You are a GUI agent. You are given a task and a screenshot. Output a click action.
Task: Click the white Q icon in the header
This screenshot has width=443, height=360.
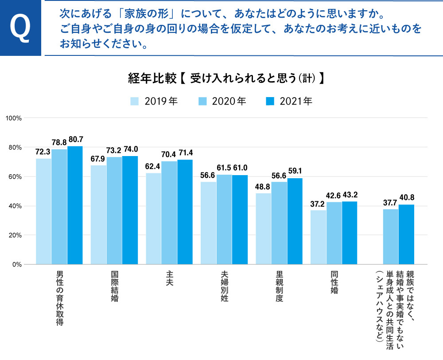tap(20, 27)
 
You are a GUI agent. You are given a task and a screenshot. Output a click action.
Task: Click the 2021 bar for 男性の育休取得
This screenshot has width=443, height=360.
tap(75, 205)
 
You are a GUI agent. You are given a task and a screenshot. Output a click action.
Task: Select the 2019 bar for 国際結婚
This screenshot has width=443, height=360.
tap(98, 215)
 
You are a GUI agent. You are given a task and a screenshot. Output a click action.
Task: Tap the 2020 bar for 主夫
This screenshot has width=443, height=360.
tap(169, 213)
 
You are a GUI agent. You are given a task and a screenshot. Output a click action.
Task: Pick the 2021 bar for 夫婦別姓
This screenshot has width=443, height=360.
tap(240, 220)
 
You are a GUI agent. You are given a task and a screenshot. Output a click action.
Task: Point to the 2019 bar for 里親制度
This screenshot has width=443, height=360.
tap(263, 229)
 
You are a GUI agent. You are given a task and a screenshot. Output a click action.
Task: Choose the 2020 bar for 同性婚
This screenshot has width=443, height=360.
tap(334, 233)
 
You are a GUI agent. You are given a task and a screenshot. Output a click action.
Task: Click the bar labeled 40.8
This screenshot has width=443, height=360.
tap(406, 235)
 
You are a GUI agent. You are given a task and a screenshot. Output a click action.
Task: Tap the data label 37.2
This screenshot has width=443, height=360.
tap(318, 203)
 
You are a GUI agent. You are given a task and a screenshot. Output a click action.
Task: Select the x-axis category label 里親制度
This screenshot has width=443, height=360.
tap(279, 287)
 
